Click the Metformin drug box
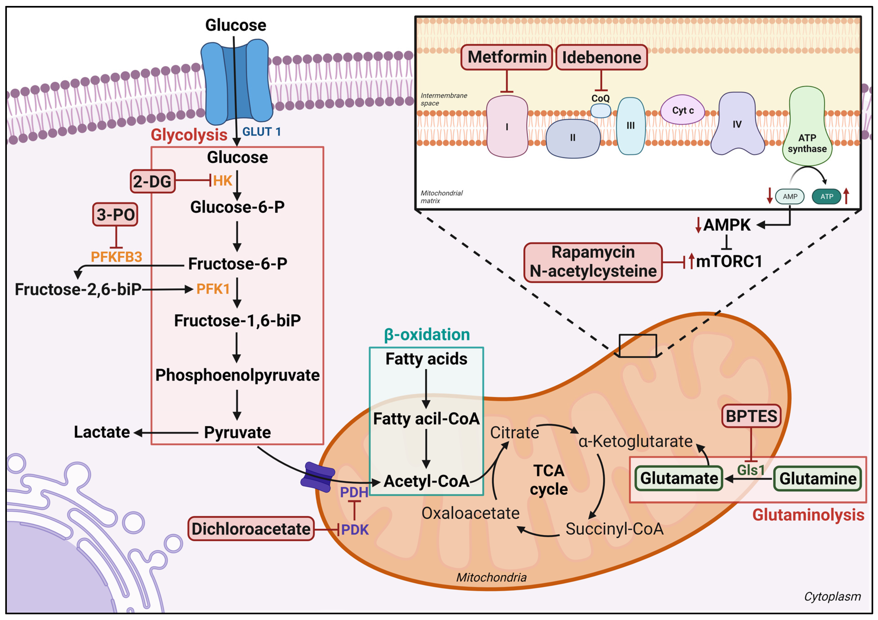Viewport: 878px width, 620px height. [506, 57]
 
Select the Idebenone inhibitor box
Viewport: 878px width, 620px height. [601, 57]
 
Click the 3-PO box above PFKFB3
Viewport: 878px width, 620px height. [115, 214]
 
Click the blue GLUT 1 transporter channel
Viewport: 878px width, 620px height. [236, 82]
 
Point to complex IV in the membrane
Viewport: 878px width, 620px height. [737, 124]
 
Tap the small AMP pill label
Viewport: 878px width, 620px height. [790, 197]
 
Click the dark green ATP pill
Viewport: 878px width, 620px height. [826, 197]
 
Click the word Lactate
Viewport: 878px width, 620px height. [102, 432]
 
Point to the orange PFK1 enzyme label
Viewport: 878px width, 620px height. [213, 289]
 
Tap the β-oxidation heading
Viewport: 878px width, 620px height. [427, 335]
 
